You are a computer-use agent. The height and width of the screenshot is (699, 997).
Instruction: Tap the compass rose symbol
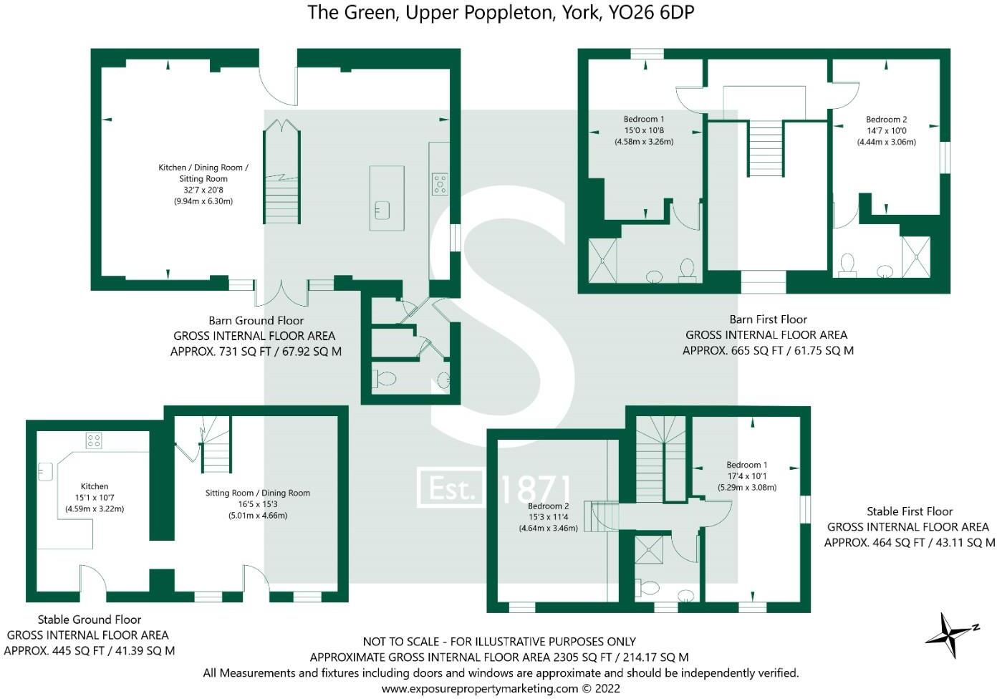click(x=950, y=634)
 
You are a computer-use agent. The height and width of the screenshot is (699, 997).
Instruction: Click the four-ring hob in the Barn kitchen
click(x=439, y=184)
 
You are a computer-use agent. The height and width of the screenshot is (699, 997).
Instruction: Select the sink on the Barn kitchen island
click(x=382, y=211)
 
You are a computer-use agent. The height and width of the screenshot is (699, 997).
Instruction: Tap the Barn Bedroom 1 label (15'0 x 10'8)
click(x=644, y=130)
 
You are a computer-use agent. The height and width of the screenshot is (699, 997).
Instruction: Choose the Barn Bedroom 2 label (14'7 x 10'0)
click(x=886, y=130)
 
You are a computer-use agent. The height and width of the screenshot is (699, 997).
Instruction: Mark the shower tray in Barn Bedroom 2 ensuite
click(x=915, y=256)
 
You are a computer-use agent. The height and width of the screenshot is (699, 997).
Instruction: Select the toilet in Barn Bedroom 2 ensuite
click(x=847, y=264)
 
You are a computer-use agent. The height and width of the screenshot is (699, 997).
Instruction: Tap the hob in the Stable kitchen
click(x=94, y=440)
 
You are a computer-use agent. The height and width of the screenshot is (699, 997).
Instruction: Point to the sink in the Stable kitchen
click(x=46, y=471)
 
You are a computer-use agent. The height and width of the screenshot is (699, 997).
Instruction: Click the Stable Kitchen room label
click(x=95, y=497)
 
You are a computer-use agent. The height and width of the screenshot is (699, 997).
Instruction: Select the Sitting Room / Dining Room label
click(x=257, y=503)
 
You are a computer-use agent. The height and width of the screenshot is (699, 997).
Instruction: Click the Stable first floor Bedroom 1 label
click(x=746, y=476)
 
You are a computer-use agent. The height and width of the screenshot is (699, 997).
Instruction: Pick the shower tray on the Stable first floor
click(x=650, y=551)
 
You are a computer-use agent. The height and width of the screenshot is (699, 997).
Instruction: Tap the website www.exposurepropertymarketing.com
click(x=479, y=688)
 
